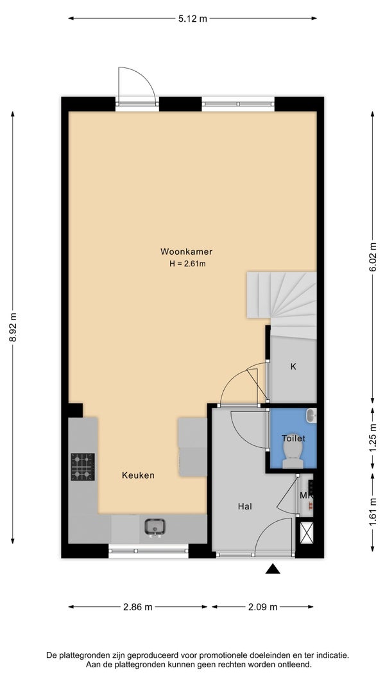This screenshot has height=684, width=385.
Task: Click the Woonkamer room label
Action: click(x=186, y=252)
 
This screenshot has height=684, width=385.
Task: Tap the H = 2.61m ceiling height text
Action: click(x=187, y=264)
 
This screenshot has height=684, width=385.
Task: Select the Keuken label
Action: click(x=138, y=475)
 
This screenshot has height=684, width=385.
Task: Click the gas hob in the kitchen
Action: click(x=83, y=466)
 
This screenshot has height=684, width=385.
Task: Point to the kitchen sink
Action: click(x=155, y=527)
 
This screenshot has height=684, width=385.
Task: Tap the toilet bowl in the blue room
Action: click(x=294, y=454)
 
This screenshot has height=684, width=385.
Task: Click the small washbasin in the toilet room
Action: click(x=311, y=415)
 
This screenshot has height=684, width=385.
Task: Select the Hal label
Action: click(x=245, y=506)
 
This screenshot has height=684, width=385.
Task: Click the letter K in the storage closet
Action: click(x=293, y=366)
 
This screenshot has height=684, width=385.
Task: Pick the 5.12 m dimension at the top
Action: click(x=193, y=19)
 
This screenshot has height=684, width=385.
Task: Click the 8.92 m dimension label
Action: click(x=13, y=328)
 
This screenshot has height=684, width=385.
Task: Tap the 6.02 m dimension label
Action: click(x=372, y=257)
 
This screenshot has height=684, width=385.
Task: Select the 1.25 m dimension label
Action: click(x=372, y=438)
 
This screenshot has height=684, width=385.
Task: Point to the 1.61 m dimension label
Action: click(x=372, y=512)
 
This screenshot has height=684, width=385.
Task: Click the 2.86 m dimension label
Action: click(x=138, y=607)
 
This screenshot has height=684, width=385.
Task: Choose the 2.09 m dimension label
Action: click(x=263, y=607)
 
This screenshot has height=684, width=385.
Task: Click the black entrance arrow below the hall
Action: click(x=273, y=569)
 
